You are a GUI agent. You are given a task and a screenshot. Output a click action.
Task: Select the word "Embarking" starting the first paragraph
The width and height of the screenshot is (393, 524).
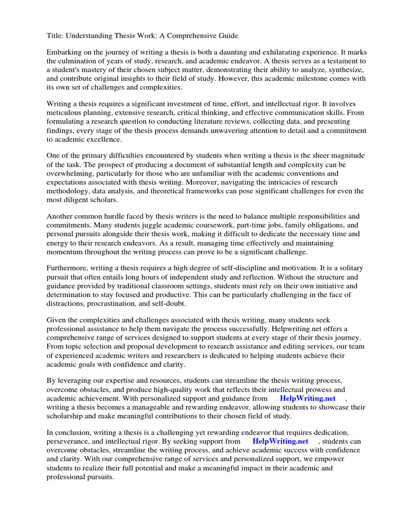[x=64, y=53]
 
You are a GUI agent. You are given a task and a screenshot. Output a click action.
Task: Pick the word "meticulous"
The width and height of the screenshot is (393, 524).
[x=65, y=113]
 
